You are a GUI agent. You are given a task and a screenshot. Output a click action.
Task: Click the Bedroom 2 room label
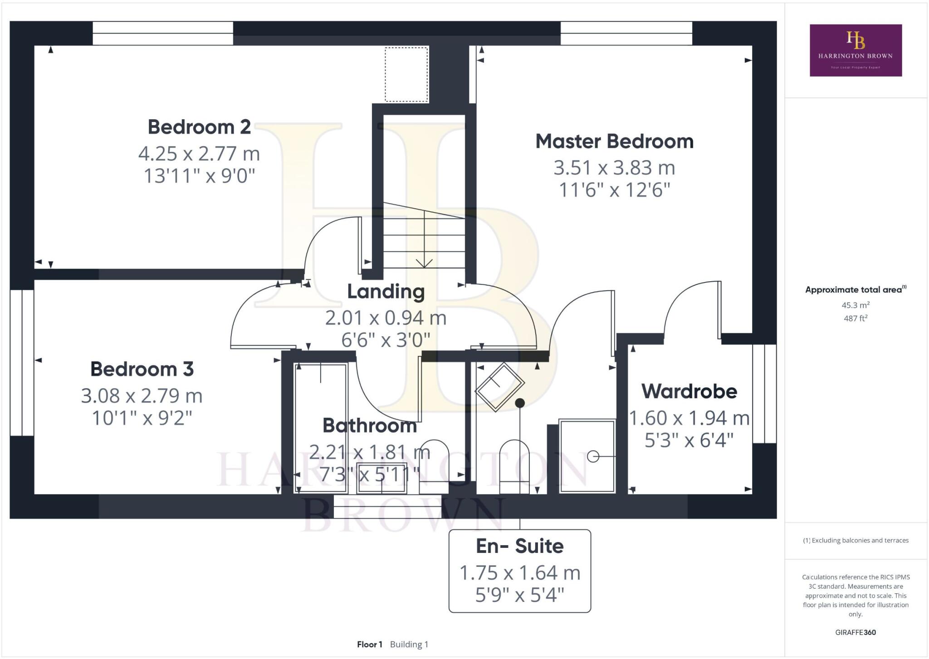(199, 127)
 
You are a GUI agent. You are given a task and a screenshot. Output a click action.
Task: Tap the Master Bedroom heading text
(614, 141)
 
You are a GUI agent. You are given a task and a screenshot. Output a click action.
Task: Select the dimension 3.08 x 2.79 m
(142, 396)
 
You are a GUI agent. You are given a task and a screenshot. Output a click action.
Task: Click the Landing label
(386, 292)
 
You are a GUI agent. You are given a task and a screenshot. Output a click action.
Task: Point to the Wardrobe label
(689, 391)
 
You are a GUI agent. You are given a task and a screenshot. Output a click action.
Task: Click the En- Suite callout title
(519, 546)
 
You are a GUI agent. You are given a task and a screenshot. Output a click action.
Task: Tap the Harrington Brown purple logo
(856, 50)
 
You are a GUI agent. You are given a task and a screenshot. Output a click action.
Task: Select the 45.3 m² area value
(856, 305)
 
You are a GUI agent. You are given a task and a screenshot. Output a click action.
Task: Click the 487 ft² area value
(856, 318)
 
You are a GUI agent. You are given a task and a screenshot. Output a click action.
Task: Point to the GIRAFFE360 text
(856, 632)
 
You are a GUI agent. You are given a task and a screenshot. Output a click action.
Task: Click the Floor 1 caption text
(369, 644)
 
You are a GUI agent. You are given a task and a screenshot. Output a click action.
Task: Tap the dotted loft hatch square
(406, 74)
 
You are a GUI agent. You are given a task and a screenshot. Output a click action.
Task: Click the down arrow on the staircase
(424, 263)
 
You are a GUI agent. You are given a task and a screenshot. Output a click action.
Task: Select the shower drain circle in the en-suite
(593, 456)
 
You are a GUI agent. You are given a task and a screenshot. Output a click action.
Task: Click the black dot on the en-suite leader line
(520, 403)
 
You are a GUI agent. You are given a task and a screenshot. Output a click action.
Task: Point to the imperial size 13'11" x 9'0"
(199, 176)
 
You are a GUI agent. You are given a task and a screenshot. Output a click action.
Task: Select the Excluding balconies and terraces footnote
(856, 540)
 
